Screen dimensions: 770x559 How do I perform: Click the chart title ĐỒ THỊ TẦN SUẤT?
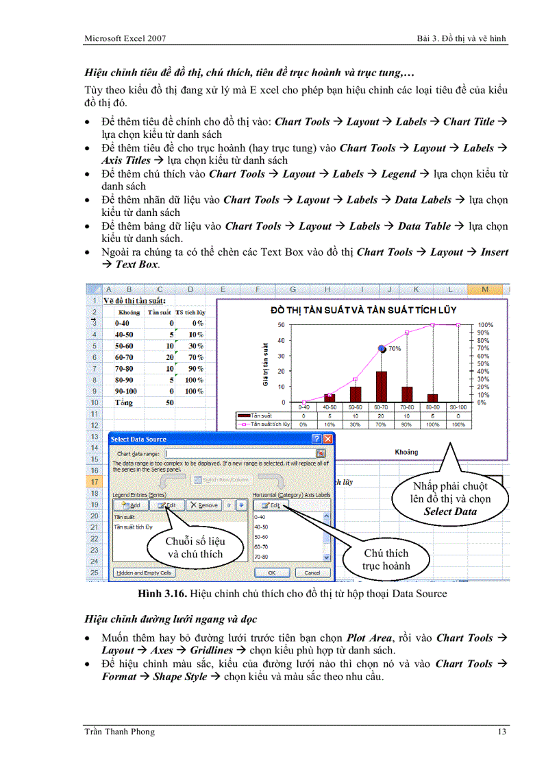(362, 310)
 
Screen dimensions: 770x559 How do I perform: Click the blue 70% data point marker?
(382, 348)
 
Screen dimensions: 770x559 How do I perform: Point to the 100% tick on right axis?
(485, 325)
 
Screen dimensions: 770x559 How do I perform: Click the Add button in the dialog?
(130, 505)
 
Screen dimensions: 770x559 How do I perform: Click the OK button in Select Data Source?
(272, 573)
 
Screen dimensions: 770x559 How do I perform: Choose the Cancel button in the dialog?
(312, 573)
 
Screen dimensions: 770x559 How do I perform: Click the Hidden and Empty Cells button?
(144, 573)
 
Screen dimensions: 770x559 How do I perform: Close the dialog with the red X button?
(328, 439)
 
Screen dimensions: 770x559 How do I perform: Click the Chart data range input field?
(240, 453)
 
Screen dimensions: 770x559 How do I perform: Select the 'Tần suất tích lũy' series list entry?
(134, 527)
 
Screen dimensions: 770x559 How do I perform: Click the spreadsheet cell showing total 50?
(169, 402)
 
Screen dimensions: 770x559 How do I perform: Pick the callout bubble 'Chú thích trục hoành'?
(386, 560)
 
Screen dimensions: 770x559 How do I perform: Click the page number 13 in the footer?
(502, 732)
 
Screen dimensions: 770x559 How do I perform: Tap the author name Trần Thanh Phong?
(119, 732)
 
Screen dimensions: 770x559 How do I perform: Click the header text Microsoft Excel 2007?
(125, 38)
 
